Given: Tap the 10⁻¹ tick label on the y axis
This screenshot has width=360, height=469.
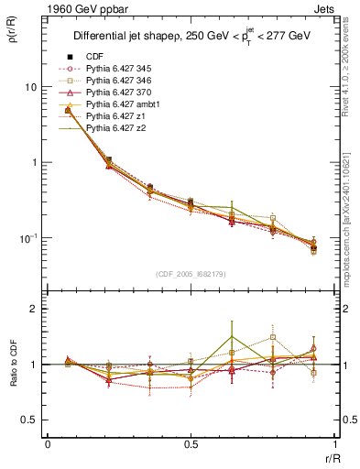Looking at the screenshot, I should [30, 237].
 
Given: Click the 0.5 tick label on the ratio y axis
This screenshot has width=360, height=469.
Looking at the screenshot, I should [32, 420].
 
